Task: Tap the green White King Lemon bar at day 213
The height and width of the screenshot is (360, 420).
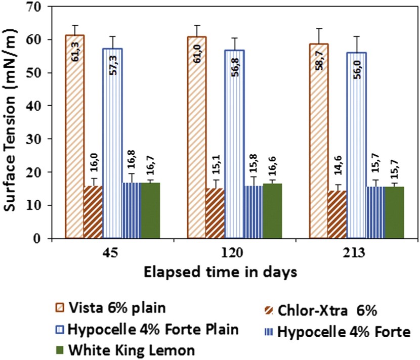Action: coord(395,212)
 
